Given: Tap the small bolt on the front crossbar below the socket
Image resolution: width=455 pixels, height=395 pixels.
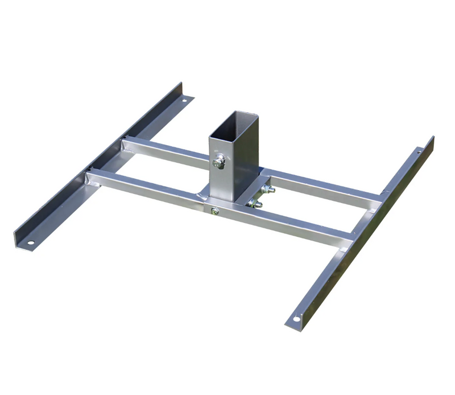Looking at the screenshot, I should click(214, 212).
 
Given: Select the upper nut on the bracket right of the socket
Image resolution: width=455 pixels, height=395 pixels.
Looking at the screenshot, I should click(266, 188).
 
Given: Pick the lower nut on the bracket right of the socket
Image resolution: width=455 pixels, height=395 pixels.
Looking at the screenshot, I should click(253, 204).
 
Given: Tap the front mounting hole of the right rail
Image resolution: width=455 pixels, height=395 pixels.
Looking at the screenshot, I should click(296, 319).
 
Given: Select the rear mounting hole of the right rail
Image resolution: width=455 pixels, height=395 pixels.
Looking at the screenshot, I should click(420, 151).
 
